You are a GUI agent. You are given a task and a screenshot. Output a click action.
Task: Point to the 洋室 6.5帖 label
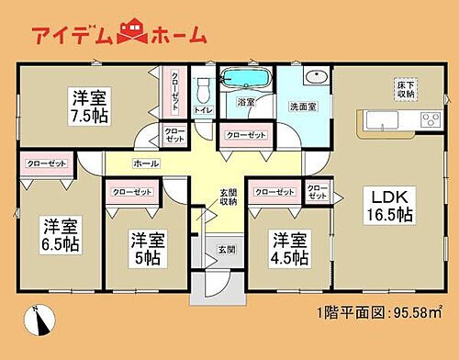point(58,237)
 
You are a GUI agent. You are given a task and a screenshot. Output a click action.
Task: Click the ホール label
point(146,163)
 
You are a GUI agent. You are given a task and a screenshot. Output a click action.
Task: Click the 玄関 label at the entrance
point(226,250)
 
